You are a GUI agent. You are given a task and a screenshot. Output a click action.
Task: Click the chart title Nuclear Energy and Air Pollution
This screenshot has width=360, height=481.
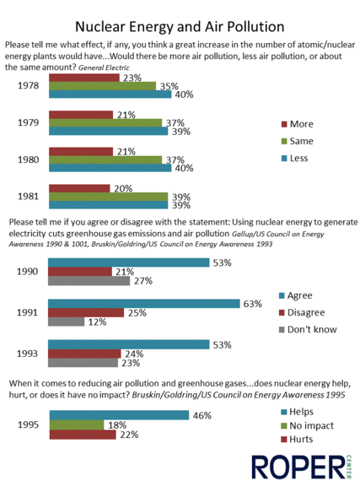coord(180,27)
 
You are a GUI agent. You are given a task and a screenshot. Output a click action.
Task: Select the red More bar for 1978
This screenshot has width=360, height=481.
coord(84,78)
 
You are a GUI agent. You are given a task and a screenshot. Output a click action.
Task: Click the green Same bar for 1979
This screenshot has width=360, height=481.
coord(105,123)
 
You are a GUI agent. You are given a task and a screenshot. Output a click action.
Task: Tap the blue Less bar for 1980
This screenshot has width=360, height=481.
coord(110,168)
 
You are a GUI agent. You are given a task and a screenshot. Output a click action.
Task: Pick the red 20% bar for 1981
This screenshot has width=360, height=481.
coord(79,188)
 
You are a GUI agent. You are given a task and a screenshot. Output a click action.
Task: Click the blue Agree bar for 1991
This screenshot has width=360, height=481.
coord(144,304)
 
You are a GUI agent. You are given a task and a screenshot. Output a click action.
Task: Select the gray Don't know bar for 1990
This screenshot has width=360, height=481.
coord(89,281)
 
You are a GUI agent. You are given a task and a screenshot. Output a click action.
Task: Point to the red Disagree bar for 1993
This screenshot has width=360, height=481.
coord(84,354)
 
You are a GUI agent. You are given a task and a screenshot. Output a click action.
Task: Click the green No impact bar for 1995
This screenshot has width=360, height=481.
coord(77,424)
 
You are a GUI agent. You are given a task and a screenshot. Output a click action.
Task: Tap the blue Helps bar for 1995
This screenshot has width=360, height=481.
coord(119,415)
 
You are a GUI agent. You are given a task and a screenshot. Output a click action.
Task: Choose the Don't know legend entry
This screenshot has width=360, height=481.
coord(308,329)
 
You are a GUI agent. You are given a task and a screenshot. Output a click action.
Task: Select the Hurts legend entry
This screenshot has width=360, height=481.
coord(297,440)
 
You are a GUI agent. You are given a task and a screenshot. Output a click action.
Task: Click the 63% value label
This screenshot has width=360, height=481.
coord(253,304)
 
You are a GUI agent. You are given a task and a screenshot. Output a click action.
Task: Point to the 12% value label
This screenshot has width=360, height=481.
coord(98,322)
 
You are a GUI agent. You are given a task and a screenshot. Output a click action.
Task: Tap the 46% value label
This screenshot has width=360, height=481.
coord(202,416)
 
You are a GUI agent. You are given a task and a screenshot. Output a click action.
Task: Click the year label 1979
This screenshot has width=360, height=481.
coord(29,122)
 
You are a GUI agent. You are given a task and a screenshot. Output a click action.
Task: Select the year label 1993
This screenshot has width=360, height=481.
coord(27,354)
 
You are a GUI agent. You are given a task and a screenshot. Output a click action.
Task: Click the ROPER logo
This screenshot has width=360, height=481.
coord(301,467)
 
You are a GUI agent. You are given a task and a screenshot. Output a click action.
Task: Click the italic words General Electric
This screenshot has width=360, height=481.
coord(104,68)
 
